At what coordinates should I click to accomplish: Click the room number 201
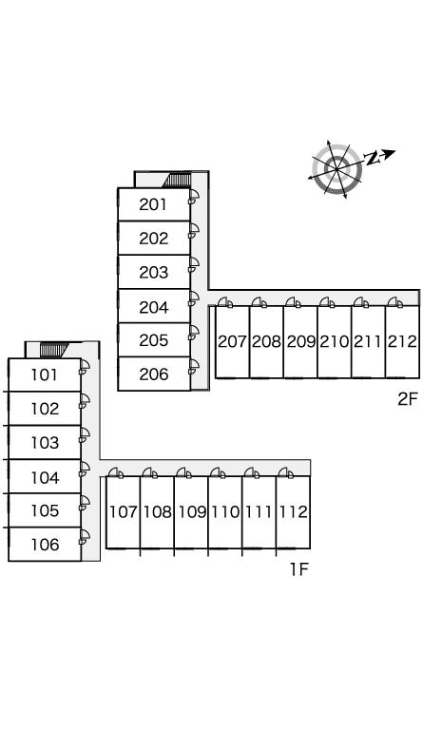click(153, 204)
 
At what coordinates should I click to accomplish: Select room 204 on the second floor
click(153, 307)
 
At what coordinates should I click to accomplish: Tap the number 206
click(153, 375)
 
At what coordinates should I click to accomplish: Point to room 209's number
click(300, 342)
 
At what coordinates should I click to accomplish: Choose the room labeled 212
click(402, 342)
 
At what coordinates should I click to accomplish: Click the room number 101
click(45, 375)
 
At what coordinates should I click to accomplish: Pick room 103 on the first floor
click(45, 443)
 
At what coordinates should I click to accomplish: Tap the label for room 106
click(45, 545)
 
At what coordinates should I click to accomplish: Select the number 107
click(123, 512)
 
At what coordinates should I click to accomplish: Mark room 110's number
click(225, 512)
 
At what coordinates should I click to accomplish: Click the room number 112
click(293, 512)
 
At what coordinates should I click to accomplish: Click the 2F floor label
click(408, 399)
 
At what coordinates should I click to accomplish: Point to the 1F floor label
click(299, 569)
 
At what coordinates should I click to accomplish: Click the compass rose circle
click(337, 168)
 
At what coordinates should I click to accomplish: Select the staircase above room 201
click(177, 180)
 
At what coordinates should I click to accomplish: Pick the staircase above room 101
click(54, 350)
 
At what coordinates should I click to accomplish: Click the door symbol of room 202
click(194, 231)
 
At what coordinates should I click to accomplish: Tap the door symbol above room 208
click(260, 302)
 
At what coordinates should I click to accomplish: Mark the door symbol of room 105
click(85, 503)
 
